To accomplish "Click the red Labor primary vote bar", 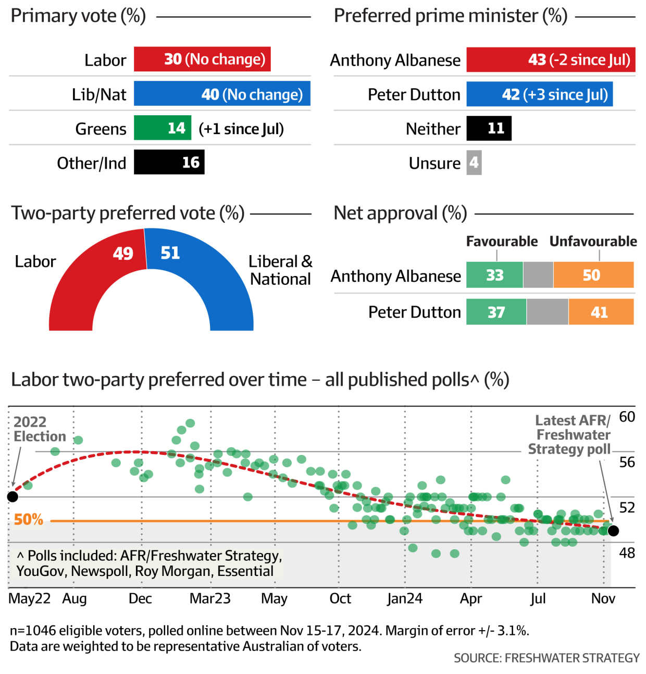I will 202,59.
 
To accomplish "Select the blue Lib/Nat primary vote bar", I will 222,94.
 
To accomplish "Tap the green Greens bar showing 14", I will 163,128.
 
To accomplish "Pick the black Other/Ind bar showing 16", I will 169,162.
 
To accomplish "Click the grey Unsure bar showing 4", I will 474,163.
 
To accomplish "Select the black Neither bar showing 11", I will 489,128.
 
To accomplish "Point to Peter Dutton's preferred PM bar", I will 539,94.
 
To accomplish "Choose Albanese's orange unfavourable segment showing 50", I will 593,275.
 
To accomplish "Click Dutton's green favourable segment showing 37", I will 496,312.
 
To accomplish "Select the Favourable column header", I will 501,241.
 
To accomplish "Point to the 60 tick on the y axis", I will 627,417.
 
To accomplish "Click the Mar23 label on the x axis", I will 210,598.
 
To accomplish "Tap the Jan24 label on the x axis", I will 405,598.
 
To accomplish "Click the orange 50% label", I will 29,520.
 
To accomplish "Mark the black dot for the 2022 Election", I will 13,497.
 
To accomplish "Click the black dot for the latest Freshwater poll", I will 613,531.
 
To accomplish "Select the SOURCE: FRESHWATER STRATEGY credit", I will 546,658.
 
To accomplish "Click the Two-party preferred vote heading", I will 128,213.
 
